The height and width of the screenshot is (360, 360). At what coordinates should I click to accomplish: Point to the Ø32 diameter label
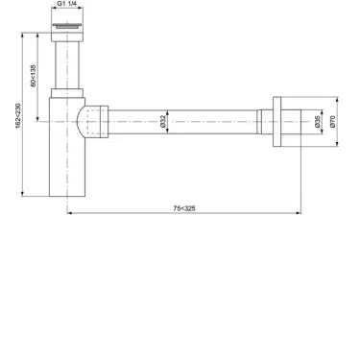(164, 122)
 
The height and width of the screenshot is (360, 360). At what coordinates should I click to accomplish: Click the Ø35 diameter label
(314, 121)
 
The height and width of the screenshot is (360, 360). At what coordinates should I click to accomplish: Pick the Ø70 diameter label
(332, 121)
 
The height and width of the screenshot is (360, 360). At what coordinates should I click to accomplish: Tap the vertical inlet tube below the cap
(68, 62)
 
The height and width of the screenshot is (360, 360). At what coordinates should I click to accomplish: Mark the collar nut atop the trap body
(68, 94)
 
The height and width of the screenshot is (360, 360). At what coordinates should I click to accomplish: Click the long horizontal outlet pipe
(182, 122)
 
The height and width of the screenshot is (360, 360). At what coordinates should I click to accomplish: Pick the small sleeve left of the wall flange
(264, 122)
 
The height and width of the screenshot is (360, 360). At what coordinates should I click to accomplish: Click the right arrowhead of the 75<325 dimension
(300, 211)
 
